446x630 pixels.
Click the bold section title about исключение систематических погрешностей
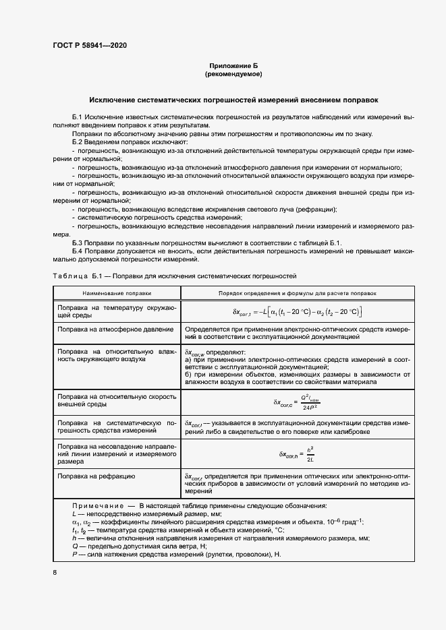pos(234,98)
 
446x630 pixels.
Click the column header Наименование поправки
pos(117,294)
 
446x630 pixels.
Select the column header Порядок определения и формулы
pos(297,294)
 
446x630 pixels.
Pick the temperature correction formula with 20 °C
pos(298,311)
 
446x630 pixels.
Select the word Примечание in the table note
pos(97,505)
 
